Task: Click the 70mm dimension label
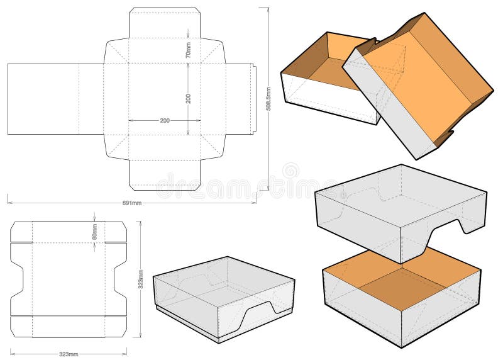188,50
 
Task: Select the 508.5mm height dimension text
268,99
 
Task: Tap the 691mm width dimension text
132,203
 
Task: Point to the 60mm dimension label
95,232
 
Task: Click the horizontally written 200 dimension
164,120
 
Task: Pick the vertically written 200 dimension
188,98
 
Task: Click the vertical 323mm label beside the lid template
140,279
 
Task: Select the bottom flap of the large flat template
164,174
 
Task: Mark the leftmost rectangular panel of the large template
43,99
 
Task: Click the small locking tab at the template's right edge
254,99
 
